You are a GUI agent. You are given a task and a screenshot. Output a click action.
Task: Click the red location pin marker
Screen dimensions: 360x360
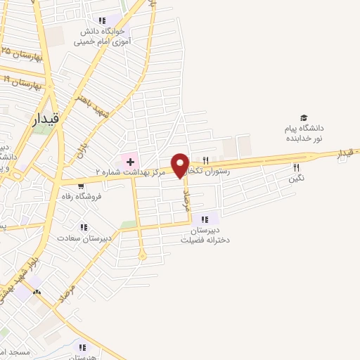[x=181, y=165]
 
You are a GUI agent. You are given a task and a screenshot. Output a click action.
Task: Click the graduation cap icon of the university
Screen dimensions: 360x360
[x=304, y=117]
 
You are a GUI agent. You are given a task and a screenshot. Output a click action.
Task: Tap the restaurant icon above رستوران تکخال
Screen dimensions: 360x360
[x=205, y=160]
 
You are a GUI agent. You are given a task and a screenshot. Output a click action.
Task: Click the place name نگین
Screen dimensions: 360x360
[x=296, y=179]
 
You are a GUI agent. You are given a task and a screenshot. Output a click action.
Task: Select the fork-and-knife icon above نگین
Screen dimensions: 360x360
[x=296, y=167]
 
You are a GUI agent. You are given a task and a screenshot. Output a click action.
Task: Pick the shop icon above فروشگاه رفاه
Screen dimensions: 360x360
[x=82, y=186]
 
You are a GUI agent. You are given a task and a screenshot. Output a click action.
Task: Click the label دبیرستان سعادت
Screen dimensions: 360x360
[x=84, y=238]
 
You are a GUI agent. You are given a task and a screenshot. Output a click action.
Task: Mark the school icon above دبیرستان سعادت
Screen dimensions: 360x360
[x=84, y=227]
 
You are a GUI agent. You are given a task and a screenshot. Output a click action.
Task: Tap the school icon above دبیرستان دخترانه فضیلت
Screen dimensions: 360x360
[x=205, y=219]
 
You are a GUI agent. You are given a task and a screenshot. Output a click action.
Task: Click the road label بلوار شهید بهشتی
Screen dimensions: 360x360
[x=13, y=288]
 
